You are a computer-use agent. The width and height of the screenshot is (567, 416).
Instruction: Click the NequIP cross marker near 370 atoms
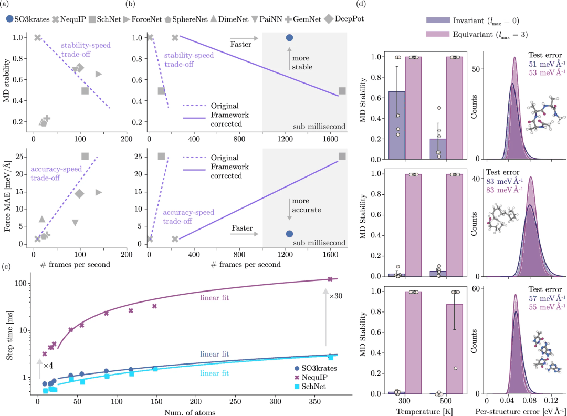click(330, 279)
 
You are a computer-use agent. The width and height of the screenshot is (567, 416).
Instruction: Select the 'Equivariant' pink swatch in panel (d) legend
click(436, 34)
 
